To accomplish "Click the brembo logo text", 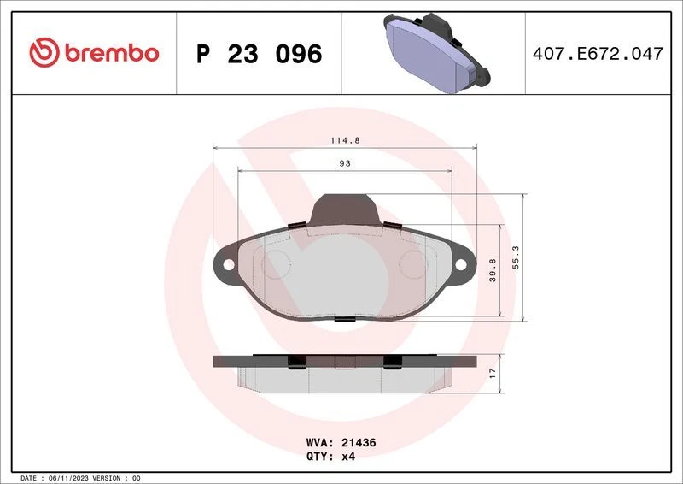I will pyautogui.click(x=108, y=53).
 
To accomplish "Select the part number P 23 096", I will pyautogui.click(x=259, y=54).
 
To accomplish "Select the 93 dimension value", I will pyautogui.click(x=345, y=162).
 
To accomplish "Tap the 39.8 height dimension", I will pyautogui.click(x=493, y=271).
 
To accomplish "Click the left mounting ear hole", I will pyautogui.click(x=228, y=264).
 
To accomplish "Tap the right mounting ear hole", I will pyautogui.click(x=461, y=264).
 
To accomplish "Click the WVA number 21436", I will pyautogui.click(x=359, y=443).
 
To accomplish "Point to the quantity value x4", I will pyautogui.click(x=350, y=457).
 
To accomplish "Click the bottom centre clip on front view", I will pyautogui.click(x=344, y=319).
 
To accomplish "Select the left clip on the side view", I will pyautogui.click(x=295, y=363).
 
